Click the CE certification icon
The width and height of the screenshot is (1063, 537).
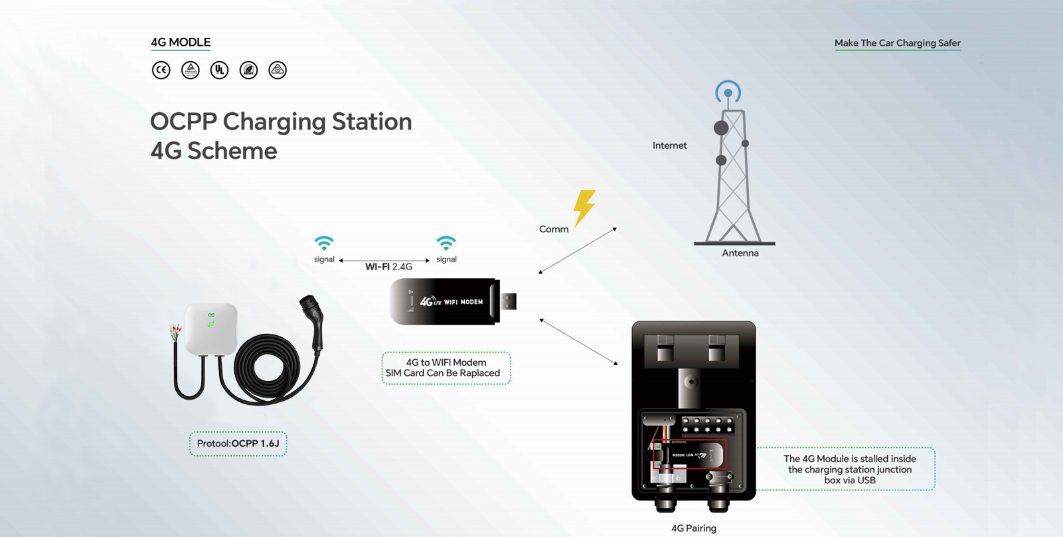tap(161, 70)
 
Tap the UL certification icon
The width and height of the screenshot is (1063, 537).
tap(219, 70)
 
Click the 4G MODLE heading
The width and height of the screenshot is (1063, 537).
tap(181, 42)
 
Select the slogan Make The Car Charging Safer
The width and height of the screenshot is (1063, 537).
tap(897, 43)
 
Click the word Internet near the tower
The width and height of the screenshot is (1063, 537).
tap(669, 145)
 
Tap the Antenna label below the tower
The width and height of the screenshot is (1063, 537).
tap(740, 253)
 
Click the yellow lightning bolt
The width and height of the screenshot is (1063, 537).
tap(584, 207)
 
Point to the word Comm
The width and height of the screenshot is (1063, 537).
tap(554, 229)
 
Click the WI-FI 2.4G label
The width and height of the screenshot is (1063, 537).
tap(388, 267)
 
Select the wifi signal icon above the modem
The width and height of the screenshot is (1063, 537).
tap(446, 243)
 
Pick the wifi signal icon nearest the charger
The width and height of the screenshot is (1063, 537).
tap(324, 243)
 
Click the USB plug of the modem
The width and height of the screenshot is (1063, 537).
tap(508, 301)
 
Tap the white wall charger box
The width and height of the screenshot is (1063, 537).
tap(211, 329)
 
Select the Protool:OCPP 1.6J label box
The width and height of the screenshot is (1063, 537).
tap(238, 443)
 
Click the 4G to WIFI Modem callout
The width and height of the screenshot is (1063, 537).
tap(446, 368)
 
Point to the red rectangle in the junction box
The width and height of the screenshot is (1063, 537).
tap(689, 454)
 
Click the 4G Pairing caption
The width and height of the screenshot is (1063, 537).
tap(693, 528)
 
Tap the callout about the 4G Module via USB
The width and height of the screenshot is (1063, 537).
tap(849, 469)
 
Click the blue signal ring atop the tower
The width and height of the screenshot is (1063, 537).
tap(728, 92)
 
